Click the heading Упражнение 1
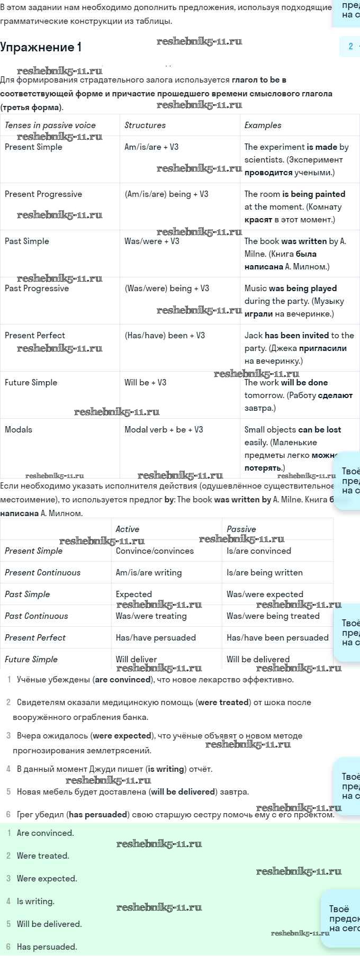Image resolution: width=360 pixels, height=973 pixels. [x=41, y=47]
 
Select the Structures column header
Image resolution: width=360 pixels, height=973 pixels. [x=145, y=125]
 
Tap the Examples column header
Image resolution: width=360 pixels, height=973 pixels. [x=263, y=125]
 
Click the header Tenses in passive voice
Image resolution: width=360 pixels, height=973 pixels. [x=50, y=125]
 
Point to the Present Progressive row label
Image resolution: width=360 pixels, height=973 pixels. [x=43, y=194]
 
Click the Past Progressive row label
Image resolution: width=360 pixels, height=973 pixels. [x=37, y=289]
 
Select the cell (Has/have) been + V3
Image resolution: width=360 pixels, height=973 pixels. [x=165, y=336]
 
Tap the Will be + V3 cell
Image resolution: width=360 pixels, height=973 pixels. [x=146, y=383]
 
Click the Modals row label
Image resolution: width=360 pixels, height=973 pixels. [x=19, y=430]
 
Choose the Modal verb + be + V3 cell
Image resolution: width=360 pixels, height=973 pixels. [x=164, y=430]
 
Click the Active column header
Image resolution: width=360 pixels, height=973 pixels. [x=128, y=529]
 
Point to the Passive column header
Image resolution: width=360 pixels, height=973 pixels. [x=241, y=529]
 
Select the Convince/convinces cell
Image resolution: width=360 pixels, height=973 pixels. [x=155, y=551]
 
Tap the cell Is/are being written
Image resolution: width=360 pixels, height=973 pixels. [x=265, y=573]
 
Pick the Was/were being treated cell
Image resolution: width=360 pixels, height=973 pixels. [x=273, y=616]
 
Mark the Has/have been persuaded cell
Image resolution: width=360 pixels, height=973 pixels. [x=277, y=638]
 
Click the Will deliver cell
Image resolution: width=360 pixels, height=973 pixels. [x=137, y=660]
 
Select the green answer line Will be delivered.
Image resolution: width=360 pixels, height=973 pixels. [x=49, y=924]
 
